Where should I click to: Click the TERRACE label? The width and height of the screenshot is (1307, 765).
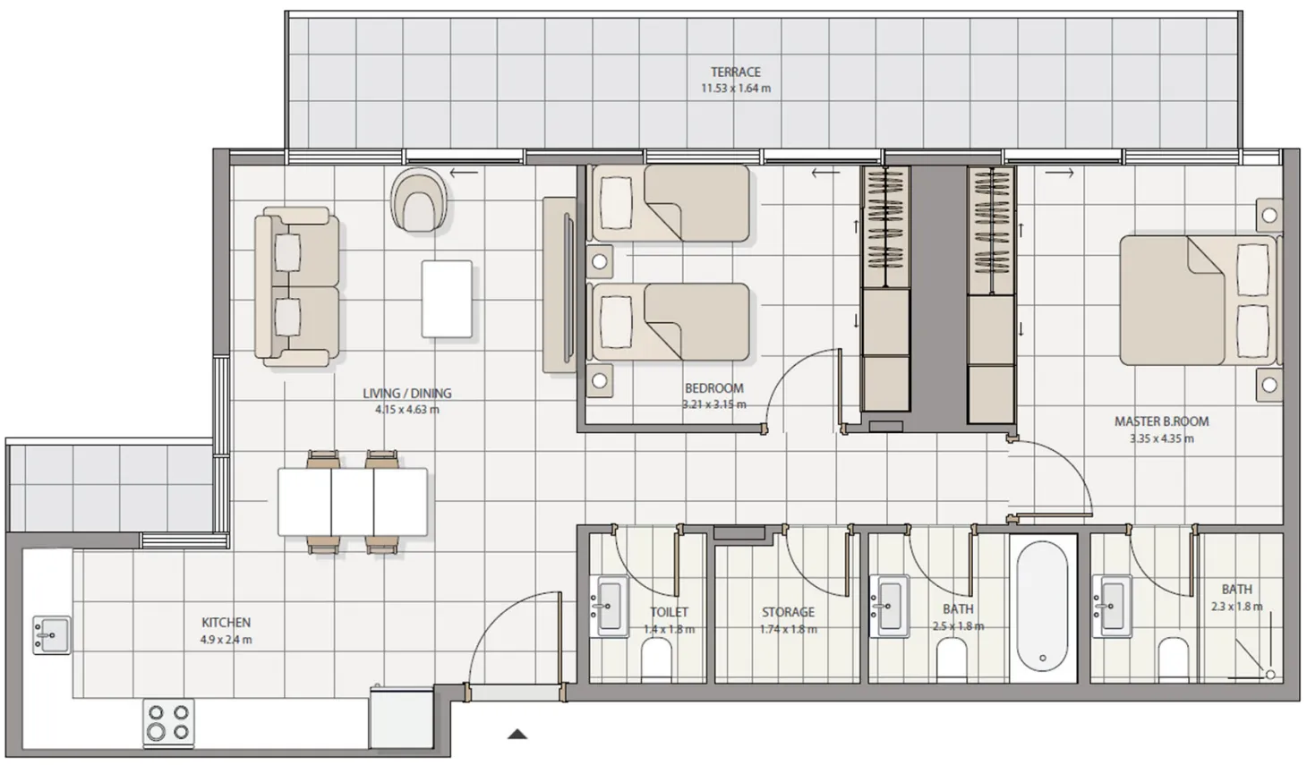coord(735,72)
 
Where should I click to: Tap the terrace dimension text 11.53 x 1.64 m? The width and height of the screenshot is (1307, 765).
coord(735,89)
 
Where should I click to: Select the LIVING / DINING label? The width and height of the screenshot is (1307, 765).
coord(407,393)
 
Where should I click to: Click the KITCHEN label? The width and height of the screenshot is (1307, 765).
coord(226,622)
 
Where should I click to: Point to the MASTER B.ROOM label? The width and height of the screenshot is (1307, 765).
coord(1161,421)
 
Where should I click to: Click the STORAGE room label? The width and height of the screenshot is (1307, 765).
coord(788,612)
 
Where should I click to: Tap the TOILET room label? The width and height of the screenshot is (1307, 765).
coord(669,612)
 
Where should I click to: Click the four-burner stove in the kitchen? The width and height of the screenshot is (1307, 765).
coord(168,722)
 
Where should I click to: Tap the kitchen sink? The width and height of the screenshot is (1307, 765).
coord(52,634)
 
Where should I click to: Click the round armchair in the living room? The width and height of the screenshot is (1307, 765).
coord(419,200)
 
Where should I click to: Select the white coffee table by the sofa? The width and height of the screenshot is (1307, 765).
coord(447,299)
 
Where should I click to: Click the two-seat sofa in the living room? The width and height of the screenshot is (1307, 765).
coord(296,286)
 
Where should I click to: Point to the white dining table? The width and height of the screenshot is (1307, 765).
coord(352,502)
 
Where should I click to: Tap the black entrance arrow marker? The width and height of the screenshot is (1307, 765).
coord(517,735)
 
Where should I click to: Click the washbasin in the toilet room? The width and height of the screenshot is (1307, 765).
coord(611,606)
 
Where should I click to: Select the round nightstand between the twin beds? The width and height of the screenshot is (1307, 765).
coord(600,261)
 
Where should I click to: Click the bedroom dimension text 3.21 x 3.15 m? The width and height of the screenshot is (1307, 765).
coord(714,404)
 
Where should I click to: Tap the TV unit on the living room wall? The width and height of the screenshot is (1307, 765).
coord(560,285)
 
